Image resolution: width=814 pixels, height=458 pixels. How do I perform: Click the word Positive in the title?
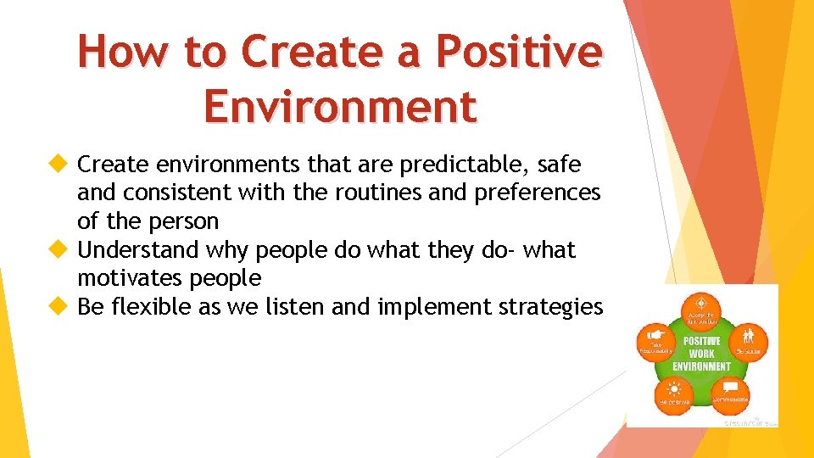[x=518, y=52]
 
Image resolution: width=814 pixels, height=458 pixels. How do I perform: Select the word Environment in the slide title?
[x=341, y=107]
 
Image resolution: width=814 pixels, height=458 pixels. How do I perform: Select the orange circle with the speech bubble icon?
[x=730, y=392]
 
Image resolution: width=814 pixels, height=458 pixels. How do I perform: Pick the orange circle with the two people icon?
[x=749, y=339]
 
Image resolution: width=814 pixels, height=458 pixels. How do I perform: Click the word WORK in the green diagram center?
[x=701, y=354]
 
